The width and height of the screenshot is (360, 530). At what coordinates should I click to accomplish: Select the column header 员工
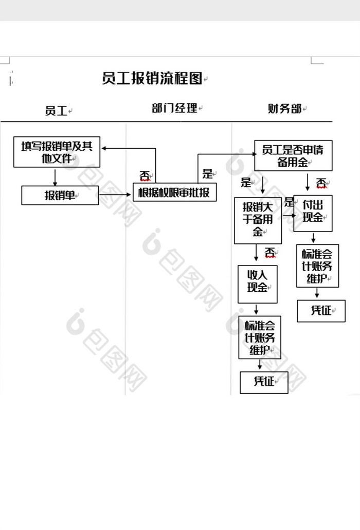click(x=56, y=110)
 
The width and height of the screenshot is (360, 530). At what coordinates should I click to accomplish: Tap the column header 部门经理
click(x=174, y=108)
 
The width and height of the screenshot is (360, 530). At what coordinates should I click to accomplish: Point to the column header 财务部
click(x=284, y=109)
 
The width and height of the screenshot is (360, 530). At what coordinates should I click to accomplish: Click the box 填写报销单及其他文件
click(x=57, y=152)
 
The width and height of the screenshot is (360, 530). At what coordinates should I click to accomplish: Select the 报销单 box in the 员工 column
click(x=60, y=195)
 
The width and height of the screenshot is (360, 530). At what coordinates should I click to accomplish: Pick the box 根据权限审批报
click(x=174, y=192)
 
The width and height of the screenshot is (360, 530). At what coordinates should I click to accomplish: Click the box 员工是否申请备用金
click(x=293, y=155)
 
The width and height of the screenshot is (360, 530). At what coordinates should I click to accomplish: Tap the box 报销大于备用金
click(x=258, y=220)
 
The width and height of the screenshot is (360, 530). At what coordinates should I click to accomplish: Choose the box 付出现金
click(x=313, y=213)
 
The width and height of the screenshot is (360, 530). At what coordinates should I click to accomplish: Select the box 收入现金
click(x=257, y=284)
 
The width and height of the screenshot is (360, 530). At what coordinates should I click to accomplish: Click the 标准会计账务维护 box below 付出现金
click(x=317, y=266)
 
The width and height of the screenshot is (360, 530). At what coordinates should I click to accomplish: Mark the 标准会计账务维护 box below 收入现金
click(x=260, y=337)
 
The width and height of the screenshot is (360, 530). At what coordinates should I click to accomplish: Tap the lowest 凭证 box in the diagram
click(x=264, y=382)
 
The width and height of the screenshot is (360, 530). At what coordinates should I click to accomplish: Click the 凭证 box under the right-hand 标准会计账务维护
click(x=321, y=310)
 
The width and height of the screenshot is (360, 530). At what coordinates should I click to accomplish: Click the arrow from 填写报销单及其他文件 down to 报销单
click(x=55, y=176)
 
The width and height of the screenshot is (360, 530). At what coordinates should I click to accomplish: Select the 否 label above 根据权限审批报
click(x=146, y=176)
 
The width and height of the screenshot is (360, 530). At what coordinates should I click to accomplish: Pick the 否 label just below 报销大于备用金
click(x=271, y=253)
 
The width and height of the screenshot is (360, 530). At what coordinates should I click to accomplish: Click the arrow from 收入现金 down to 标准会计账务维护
click(x=257, y=309)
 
